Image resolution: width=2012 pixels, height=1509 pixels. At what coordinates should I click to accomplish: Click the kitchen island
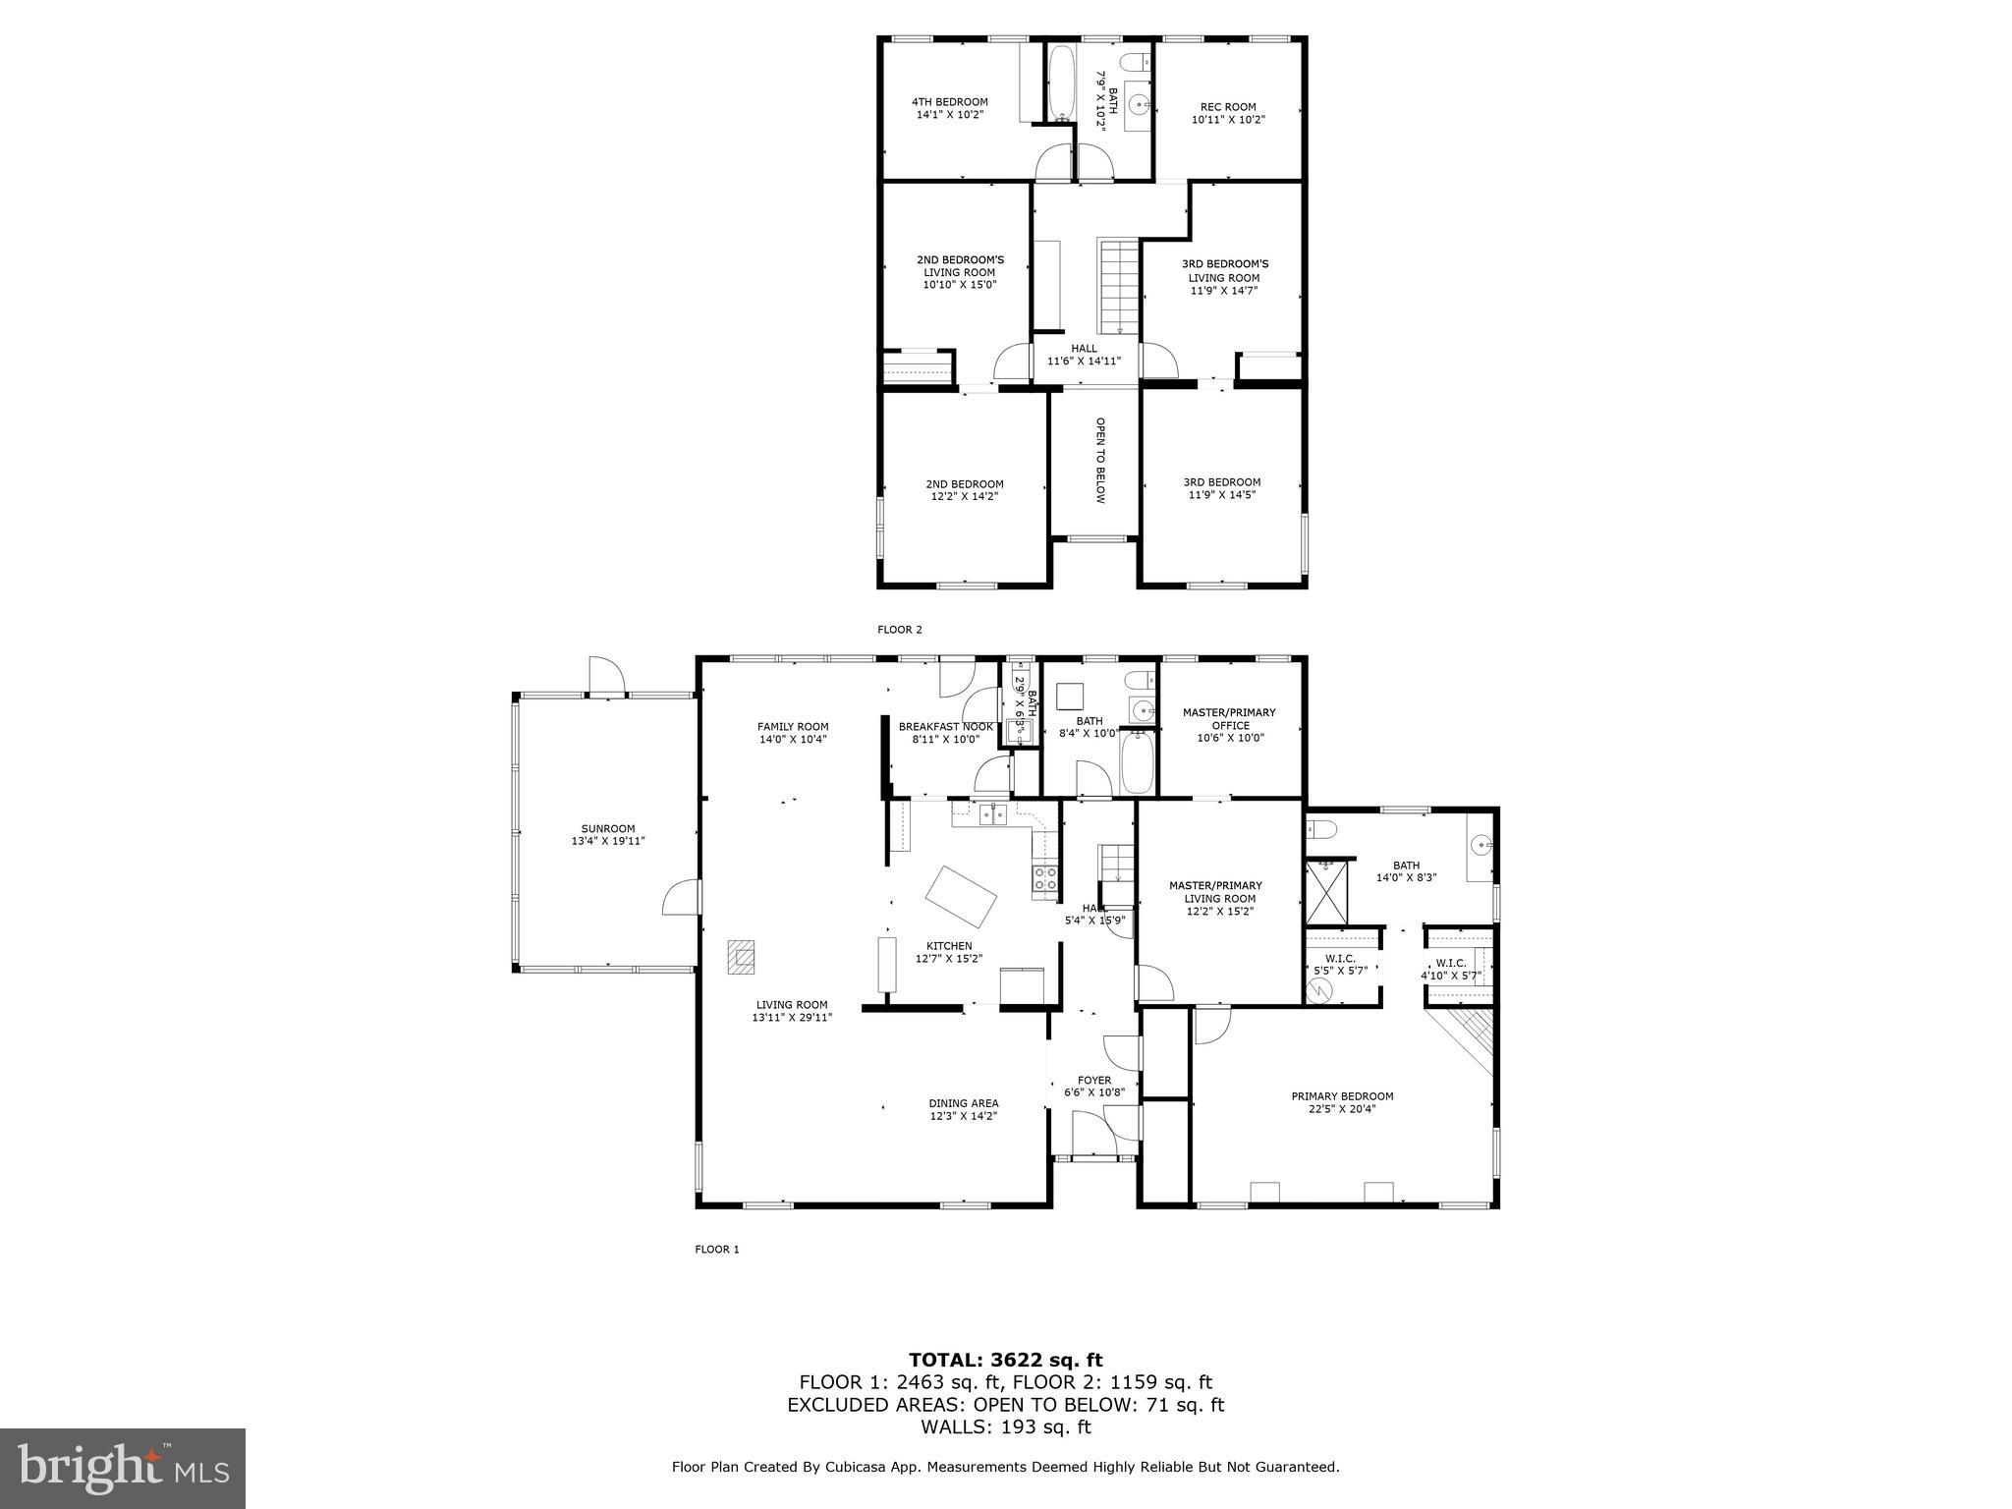click(x=961, y=896)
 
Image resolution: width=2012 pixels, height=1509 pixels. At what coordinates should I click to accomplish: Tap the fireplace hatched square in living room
click(x=742, y=956)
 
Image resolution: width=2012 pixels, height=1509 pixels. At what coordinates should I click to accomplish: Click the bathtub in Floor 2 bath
click(x=1061, y=84)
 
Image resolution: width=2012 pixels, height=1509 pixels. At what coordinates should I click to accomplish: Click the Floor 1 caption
click(x=716, y=1250)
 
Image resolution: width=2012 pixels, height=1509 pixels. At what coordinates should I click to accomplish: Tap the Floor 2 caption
click(x=899, y=630)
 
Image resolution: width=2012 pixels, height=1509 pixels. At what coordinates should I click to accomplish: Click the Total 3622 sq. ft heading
click(x=1005, y=1360)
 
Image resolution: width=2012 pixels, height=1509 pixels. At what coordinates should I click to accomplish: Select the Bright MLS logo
click(x=123, y=1469)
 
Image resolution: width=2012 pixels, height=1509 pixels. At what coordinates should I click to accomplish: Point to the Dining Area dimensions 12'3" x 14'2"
click(x=963, y=1116)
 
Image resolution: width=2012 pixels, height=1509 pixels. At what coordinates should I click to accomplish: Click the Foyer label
click(x=1093, y=1080)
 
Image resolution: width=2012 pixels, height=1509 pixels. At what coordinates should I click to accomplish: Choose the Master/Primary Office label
click(x=1228, y=718)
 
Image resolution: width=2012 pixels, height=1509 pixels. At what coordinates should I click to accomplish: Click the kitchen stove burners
click(x=1044, y=878)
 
